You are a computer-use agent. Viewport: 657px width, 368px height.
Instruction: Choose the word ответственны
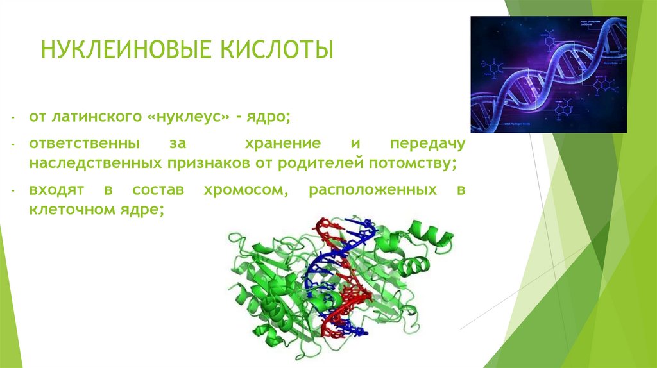tap(74, 144)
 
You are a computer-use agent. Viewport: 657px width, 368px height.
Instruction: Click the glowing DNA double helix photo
tap(548, 74)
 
